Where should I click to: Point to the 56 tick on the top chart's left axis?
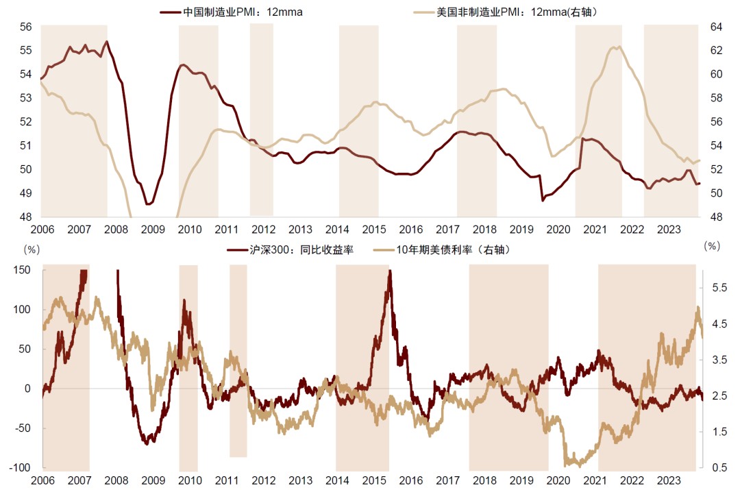[26, 27]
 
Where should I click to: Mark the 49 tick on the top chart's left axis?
[26, 193]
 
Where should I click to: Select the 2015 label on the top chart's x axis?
[374, 229]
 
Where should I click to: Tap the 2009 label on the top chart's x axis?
[153, 229]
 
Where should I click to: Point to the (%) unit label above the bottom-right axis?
[713, 245]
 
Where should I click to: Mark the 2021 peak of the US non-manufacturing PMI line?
[619, 47]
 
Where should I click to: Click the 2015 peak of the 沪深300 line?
[390, 271]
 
